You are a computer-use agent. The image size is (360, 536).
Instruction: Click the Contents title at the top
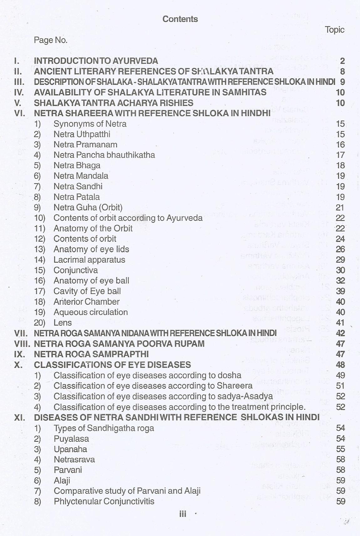tap(180, 19)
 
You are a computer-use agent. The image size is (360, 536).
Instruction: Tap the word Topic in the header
tap(334, 30)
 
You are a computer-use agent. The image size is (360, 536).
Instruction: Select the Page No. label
tap(50, 40)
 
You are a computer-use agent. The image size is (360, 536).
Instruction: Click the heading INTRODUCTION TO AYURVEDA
tap(96, 61)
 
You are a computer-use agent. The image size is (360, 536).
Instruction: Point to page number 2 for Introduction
tap(342, 61)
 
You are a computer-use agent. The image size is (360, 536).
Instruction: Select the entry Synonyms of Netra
tap(90, 124)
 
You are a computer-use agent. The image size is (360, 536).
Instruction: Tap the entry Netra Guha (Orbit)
tap(88, 207)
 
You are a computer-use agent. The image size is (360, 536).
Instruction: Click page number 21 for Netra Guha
tap(340, 208)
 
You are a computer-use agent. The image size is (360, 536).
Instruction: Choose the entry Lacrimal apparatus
tap(89, 260)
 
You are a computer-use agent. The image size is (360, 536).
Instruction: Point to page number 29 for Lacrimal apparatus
tap(340, 260)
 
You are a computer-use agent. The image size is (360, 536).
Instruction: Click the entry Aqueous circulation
tap(90, 312)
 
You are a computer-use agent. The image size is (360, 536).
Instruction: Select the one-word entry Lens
tap(63, 322)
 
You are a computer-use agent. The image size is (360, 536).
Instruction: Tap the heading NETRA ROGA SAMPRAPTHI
tap(91, 354)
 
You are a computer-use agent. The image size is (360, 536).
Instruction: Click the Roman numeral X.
tap(18, 365)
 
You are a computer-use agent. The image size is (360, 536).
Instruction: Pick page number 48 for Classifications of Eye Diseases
tap(340, 365)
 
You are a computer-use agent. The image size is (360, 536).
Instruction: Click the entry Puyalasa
tap(71, 439)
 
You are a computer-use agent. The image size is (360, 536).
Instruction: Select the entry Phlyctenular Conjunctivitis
tap(104, 501)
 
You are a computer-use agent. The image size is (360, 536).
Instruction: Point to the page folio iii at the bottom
tap(183, 514)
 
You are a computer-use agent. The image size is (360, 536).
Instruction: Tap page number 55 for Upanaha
tap(340, 449)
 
